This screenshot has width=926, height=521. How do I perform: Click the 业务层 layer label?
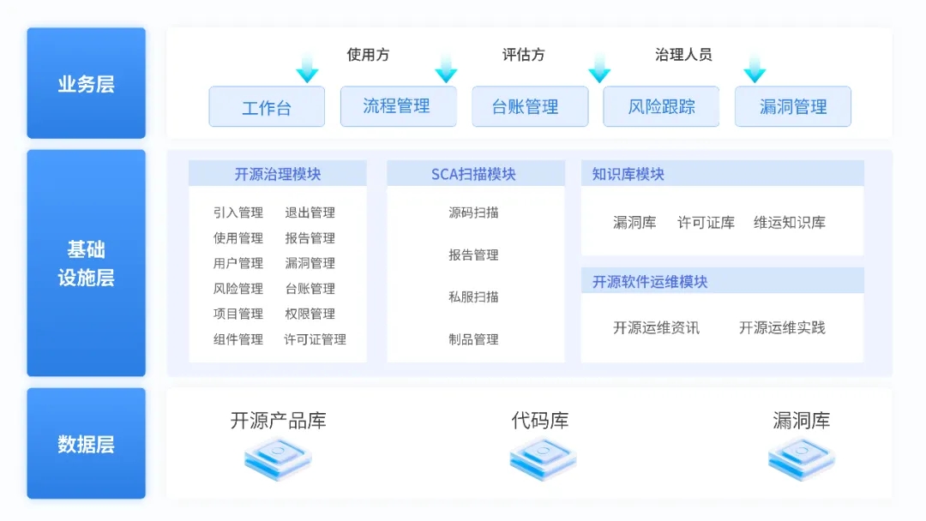point(86,83)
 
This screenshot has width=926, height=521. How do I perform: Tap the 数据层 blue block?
point(86,444)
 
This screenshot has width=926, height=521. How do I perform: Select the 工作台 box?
point(267,107)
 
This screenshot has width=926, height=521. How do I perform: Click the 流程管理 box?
point(398,106)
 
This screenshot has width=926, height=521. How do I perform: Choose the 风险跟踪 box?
point(661,107)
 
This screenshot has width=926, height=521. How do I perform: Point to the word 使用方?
point(368,55)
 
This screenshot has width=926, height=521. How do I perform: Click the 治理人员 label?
point(683,55)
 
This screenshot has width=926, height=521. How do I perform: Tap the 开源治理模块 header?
point(277,174)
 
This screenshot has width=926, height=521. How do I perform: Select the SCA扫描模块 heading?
point(474,174)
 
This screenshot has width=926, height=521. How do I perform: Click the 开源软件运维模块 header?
point(650,281)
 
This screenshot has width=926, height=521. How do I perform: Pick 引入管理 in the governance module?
point(238,213)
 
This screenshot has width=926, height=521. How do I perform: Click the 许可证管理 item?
point(315,339)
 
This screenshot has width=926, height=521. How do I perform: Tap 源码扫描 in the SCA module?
point(473,213)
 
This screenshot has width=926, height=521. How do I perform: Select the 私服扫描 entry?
point(473,296)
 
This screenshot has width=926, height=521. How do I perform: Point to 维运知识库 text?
point(790,223)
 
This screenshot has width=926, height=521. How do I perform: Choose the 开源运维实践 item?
point(782,327)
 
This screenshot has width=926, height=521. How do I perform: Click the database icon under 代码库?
point(543,458)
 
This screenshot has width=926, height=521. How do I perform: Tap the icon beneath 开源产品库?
point(278,458)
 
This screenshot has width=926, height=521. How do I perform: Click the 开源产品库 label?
point(278,421)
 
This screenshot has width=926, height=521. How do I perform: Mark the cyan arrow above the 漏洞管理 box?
point(755,69)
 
